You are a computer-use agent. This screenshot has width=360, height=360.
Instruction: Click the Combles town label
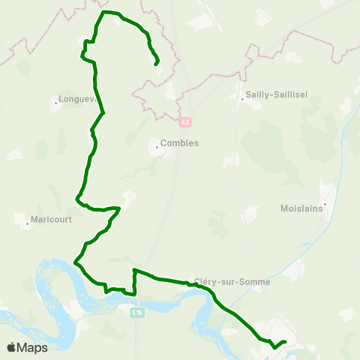179,143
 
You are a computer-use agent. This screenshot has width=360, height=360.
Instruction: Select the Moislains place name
301,209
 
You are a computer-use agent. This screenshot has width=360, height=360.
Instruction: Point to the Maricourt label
51,221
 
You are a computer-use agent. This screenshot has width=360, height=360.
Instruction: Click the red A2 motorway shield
185,120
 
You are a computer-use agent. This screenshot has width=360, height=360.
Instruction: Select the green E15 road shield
136,312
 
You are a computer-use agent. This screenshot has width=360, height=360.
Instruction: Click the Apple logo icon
12,347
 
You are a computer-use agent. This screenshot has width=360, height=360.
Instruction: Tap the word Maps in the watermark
33,347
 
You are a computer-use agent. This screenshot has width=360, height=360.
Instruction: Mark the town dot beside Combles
157,147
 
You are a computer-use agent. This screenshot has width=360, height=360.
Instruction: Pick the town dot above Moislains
325,202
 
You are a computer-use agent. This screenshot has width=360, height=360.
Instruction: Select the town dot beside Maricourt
25,221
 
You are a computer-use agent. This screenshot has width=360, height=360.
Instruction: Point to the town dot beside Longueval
57,100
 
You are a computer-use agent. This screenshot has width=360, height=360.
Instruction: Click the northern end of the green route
156,64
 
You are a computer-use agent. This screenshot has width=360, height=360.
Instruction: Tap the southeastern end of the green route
286,342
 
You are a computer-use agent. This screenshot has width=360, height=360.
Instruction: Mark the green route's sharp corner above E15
133,269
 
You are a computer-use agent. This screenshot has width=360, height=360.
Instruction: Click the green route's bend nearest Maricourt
76,198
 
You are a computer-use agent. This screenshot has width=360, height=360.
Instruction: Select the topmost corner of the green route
103,12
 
